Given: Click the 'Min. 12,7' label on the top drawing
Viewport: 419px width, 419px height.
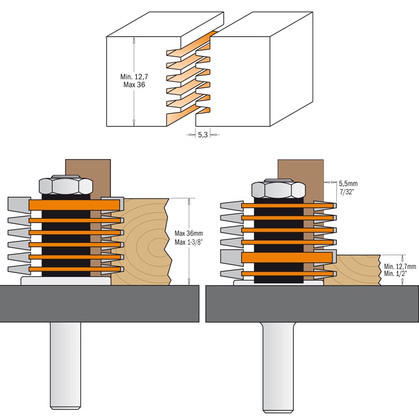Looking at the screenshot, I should (x=132, y=76).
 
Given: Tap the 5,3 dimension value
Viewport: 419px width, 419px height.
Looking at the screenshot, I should (x=203, y=135).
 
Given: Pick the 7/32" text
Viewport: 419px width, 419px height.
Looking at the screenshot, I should (x=347, y=192).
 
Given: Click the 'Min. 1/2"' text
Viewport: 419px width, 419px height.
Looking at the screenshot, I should (x=395, y=273).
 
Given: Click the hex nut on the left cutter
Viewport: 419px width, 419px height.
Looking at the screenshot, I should (x=66, y=186).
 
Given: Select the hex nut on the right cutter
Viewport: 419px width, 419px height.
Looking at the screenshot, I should (x=279, y=190).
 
